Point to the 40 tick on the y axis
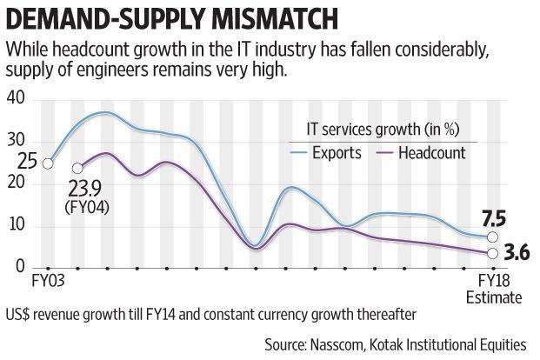[16, 100]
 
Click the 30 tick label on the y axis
[16, 142]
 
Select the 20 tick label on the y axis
[16, 183]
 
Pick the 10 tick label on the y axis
[16, 225]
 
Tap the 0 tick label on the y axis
[20, 267]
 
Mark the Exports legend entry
[340, 153]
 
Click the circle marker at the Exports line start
[49, 163]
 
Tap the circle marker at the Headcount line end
[492, 253]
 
